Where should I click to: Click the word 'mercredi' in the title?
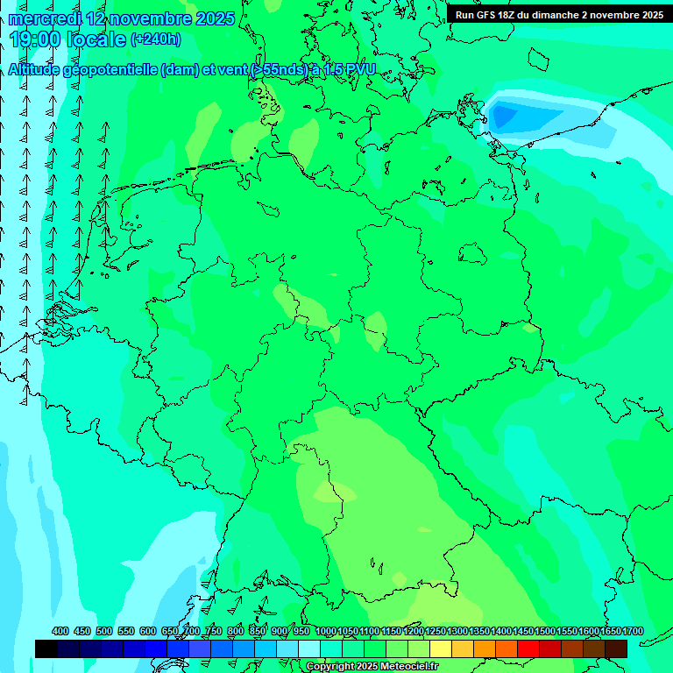pyautogui.click(x=45, y=18)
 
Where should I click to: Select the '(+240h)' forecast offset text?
pyautogui.click(x=156, y=39)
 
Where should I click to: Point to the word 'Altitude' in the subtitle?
pyautogui.click(x=39, y=70)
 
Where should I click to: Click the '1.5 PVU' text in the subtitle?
pyautogui.click(x=349, y=70)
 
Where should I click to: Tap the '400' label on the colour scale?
pyautogui.click(x=60, y=632)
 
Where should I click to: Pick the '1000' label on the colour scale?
pyautogui.click(x=326, y=632)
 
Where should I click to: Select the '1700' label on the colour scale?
pyautogui.click(x=634, y=632)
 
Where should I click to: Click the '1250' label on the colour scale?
pyautogui.click(x=436, y=632)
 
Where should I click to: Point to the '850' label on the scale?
pyautogui.click(x=258, y=632)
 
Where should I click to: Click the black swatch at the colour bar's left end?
pyautogui.click(x=46, y=648)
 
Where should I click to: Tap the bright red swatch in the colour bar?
pyautogui.click(x=528, y=648)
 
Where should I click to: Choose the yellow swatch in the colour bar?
pyautogui.click(x=441, y=648)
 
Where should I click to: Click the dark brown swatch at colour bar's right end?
pyautogui.click(x=616, y=648)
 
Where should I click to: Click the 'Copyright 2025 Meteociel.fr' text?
pyautogui.click(x=373, y=667)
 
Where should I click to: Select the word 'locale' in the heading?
pyautogui.click(x=96, y=39)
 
